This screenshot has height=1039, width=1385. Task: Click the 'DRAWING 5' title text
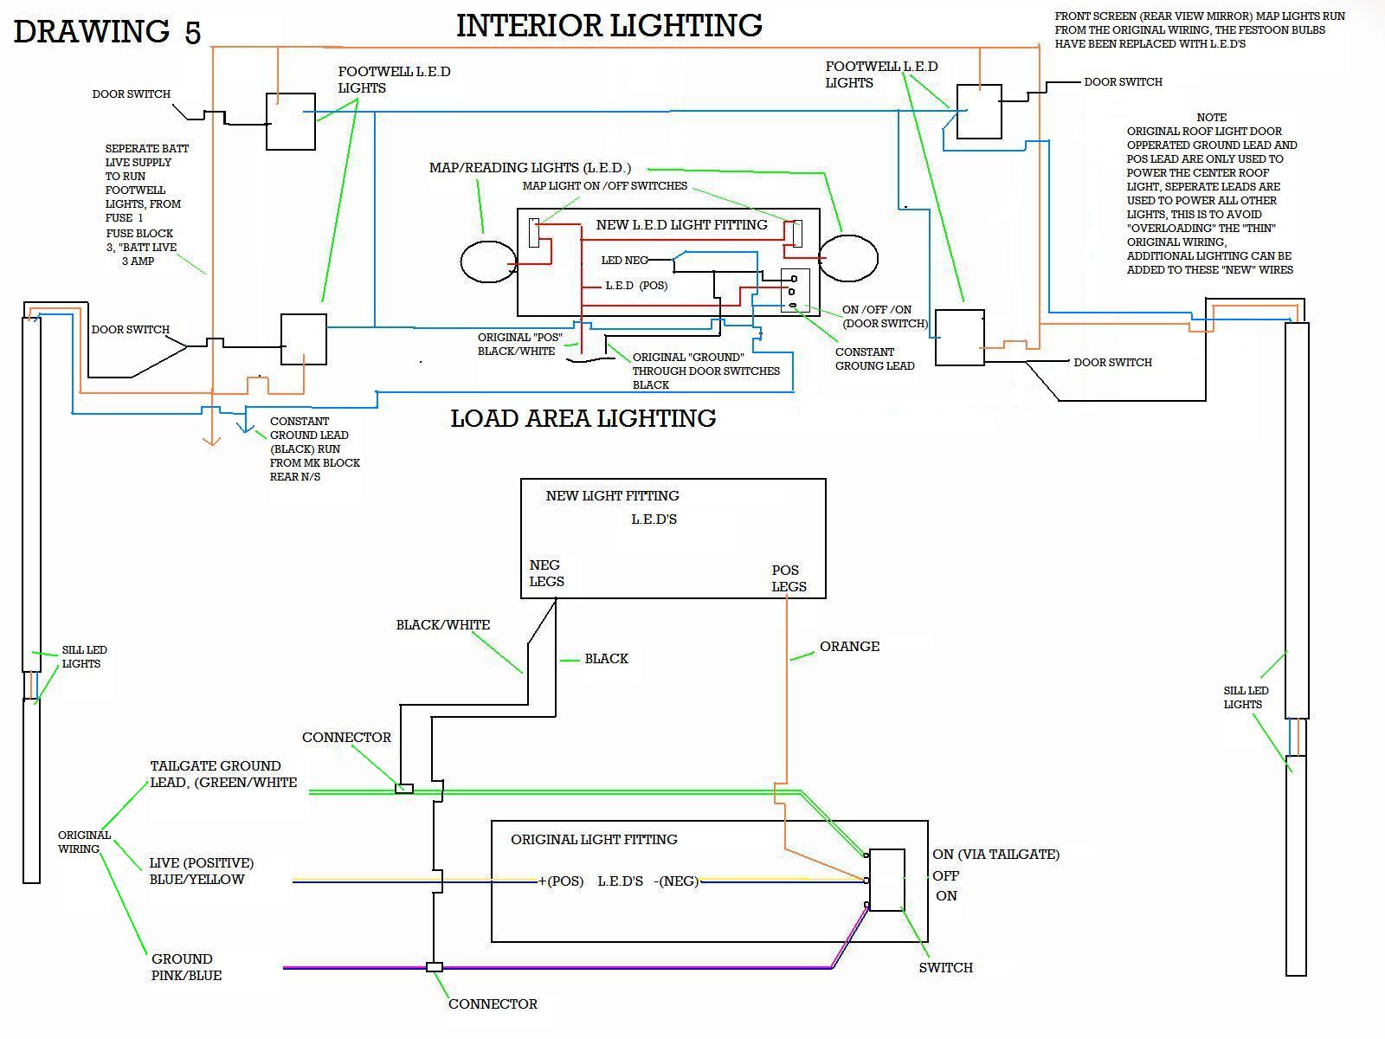pos(107,31)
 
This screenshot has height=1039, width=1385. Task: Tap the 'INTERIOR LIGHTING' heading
pos(609,26)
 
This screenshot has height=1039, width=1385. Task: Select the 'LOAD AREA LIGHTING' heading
pos(583,418)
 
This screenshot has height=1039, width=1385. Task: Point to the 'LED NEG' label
pos(624,260)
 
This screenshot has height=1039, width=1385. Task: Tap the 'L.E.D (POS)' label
pos(636,286)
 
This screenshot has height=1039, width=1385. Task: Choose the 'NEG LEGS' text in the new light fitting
pos(546,573)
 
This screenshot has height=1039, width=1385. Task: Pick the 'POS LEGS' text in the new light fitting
pos(789,578)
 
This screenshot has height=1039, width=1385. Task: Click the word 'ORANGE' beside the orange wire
pos(849,647)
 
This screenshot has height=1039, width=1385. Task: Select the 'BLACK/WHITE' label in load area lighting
pos(443,624)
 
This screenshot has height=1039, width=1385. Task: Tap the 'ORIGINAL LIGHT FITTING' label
pos(594,840)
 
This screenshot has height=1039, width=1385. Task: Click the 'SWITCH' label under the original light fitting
pos(945,968)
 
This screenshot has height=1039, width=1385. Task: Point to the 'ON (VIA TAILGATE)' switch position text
pos(995,855)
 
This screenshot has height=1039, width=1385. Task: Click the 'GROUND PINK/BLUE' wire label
pos(186,967)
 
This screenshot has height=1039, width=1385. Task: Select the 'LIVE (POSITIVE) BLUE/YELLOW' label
pos(202,871)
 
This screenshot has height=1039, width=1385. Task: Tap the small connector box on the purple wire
pos(435,967)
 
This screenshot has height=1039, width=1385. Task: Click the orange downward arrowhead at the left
pos(211,441)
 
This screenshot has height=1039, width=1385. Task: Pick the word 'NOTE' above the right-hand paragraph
pos(1211,118)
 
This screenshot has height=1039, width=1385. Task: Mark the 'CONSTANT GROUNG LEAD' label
pos(874,359)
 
